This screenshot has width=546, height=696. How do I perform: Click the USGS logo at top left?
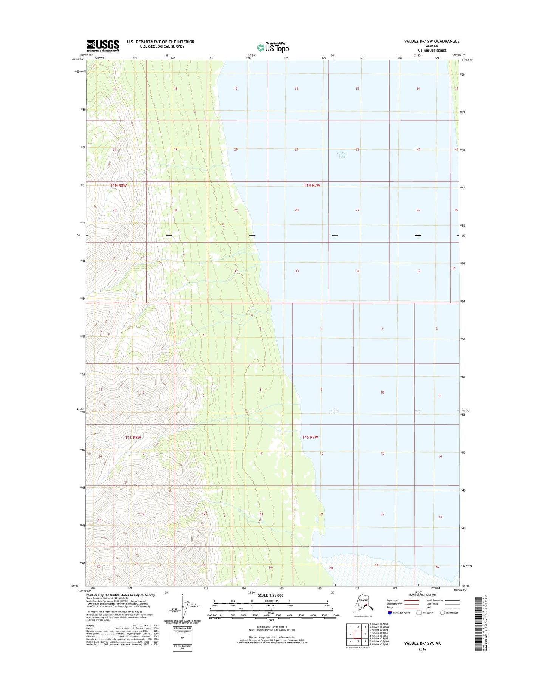tap(103, 46)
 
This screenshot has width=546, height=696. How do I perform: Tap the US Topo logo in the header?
tap(273, 48)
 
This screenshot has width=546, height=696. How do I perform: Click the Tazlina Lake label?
tap(342, 155)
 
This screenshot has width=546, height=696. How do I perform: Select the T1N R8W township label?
tap(118, 186)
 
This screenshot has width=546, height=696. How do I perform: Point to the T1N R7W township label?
tap(312, 185)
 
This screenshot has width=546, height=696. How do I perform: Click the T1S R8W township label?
tap(133, 438)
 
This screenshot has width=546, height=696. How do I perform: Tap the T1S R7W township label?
tap(310, 437)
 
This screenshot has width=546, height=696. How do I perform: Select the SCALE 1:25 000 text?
tap(270, 595)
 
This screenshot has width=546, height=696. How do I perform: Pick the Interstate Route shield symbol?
tap(390, 612)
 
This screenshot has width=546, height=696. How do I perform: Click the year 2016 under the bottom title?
tap(422, 649)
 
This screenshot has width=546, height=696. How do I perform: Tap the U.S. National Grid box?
tap(183, 639)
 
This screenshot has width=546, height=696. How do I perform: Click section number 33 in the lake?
tap(297, 271)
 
